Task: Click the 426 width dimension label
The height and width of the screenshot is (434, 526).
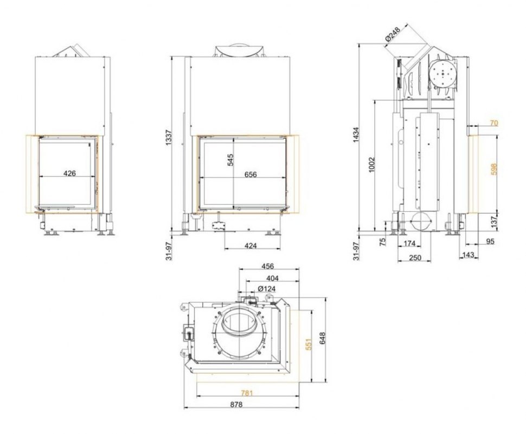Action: point(69,173)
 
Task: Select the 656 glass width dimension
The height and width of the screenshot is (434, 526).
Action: point(251,174)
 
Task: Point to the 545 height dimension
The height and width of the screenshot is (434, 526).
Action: point(230,160)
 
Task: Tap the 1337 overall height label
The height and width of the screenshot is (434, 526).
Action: point(169,138)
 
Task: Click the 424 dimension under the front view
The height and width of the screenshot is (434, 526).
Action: point(251,245)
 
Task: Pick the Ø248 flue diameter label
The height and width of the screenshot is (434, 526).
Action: point(393,35)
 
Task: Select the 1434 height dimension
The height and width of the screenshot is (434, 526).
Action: point(356,135)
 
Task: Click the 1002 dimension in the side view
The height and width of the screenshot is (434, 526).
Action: point(371,165)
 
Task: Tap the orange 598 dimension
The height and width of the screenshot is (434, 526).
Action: point(493,169)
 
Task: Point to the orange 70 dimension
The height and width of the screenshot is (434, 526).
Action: point(494,123)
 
